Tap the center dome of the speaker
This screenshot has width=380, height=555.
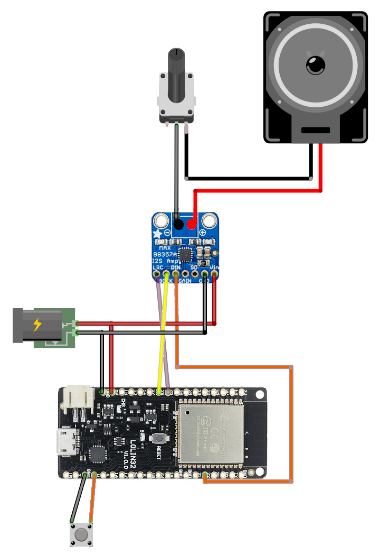coord(316,66)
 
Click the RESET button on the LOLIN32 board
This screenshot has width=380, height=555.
coord(158,438)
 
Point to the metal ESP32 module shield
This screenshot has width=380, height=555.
coord(211,431)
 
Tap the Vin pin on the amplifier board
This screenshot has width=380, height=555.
coord(214,274)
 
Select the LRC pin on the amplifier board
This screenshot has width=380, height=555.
coord(156,274)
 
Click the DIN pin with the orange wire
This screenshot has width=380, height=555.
coord(176,274)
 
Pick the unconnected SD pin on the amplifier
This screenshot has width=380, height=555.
coord(195,274)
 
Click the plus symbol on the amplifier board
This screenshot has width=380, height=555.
coord(202,232)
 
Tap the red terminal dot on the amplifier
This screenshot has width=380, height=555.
coord(191,225)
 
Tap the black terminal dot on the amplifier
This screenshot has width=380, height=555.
coord(179,225)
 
